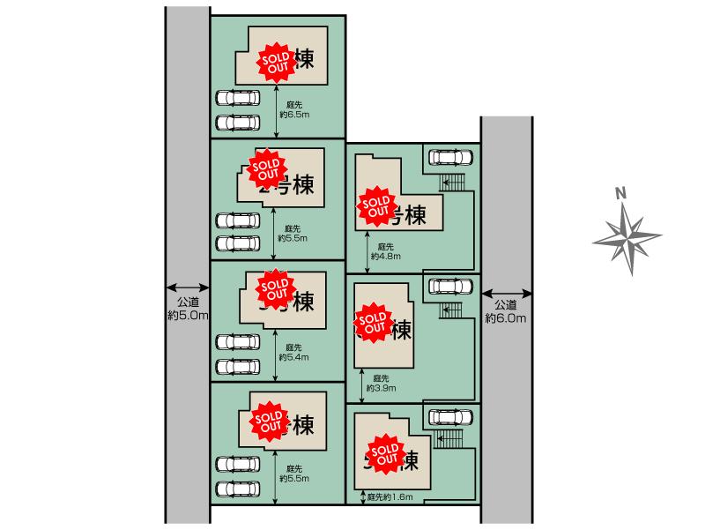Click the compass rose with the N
(626, 231)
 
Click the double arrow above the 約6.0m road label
(506, 293)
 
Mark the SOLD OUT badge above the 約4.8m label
(375, 204)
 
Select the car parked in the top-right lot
(450, 157)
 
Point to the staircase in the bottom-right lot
(450, 438)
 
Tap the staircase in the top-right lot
(452, 182)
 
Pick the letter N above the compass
(620, 194)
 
